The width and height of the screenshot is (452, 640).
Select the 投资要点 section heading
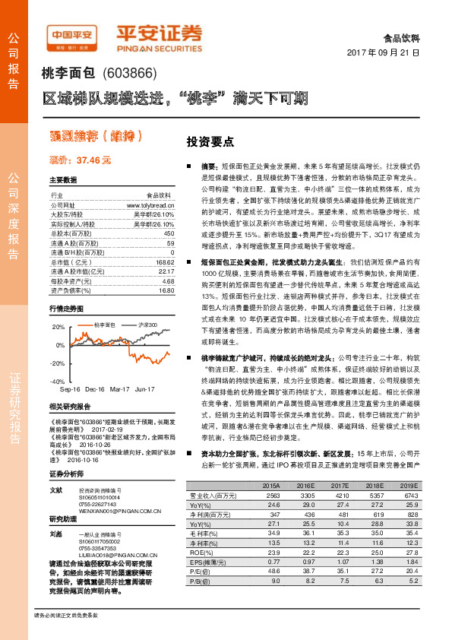210,141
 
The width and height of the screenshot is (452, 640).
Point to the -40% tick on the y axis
58,382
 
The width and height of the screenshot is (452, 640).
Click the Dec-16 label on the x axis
94,389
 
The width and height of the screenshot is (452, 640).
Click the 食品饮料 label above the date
403,36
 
